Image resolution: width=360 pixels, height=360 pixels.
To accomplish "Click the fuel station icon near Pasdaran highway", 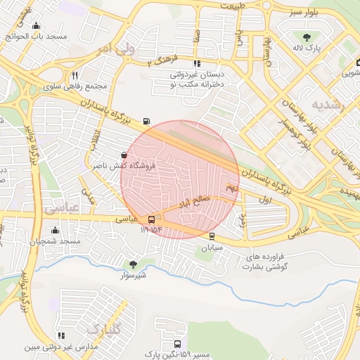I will pos(146,121).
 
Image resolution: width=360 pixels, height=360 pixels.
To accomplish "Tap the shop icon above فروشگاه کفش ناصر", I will pos(124,155).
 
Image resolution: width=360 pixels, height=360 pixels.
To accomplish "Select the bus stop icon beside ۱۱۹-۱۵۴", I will pos(152,219).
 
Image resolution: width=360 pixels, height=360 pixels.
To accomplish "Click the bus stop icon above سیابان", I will pos(212,237).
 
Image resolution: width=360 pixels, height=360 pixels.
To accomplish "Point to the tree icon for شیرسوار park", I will pos(133,264).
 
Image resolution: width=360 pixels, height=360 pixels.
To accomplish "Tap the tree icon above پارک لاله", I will pos(305,37).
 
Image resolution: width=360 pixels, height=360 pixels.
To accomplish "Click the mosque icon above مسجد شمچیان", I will pos(56,230).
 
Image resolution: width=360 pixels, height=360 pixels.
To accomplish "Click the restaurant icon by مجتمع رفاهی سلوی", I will pos(75,75).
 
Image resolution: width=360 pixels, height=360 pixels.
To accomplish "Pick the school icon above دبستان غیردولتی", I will pos(195,63).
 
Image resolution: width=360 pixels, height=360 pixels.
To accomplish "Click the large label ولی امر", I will pos(113,49).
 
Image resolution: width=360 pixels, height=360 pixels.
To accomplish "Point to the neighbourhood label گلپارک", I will pos(103,329).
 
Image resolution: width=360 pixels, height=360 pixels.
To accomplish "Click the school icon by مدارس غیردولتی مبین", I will pos(61,336).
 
